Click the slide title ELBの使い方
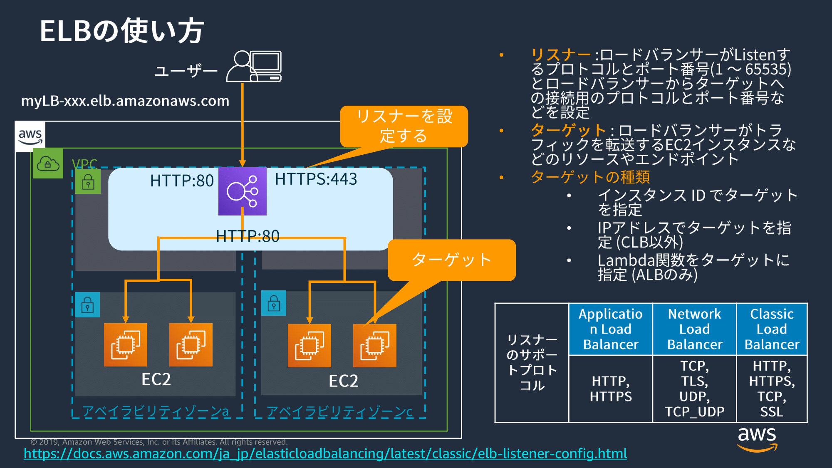[x=121, y=31]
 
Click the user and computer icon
[x=254, y=66]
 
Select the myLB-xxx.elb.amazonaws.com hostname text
[x=125, y=101]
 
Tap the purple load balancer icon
[x=243, y=191]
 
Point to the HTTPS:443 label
[x=316, y=179]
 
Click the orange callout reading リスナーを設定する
[x=404, y=126]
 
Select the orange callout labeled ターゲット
[x=451, y=260]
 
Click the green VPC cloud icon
[x=48, y=163]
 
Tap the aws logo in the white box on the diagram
[x=30, y=136]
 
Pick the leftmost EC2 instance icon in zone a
[x=126, y=345]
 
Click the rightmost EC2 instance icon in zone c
[x=374, y=346]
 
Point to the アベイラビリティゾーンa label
[x=156, y=411]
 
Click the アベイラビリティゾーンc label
[x=339, y=411]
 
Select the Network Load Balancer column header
[x=694, y=329]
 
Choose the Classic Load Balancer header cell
[x=772, y=329]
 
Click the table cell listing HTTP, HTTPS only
[x=611, y=389]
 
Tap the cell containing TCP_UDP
[x=694, y=389]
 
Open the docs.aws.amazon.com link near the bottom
[x=325, y=453]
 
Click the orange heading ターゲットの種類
[x=590, y=177]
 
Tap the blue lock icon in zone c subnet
[x=274, y=303]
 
